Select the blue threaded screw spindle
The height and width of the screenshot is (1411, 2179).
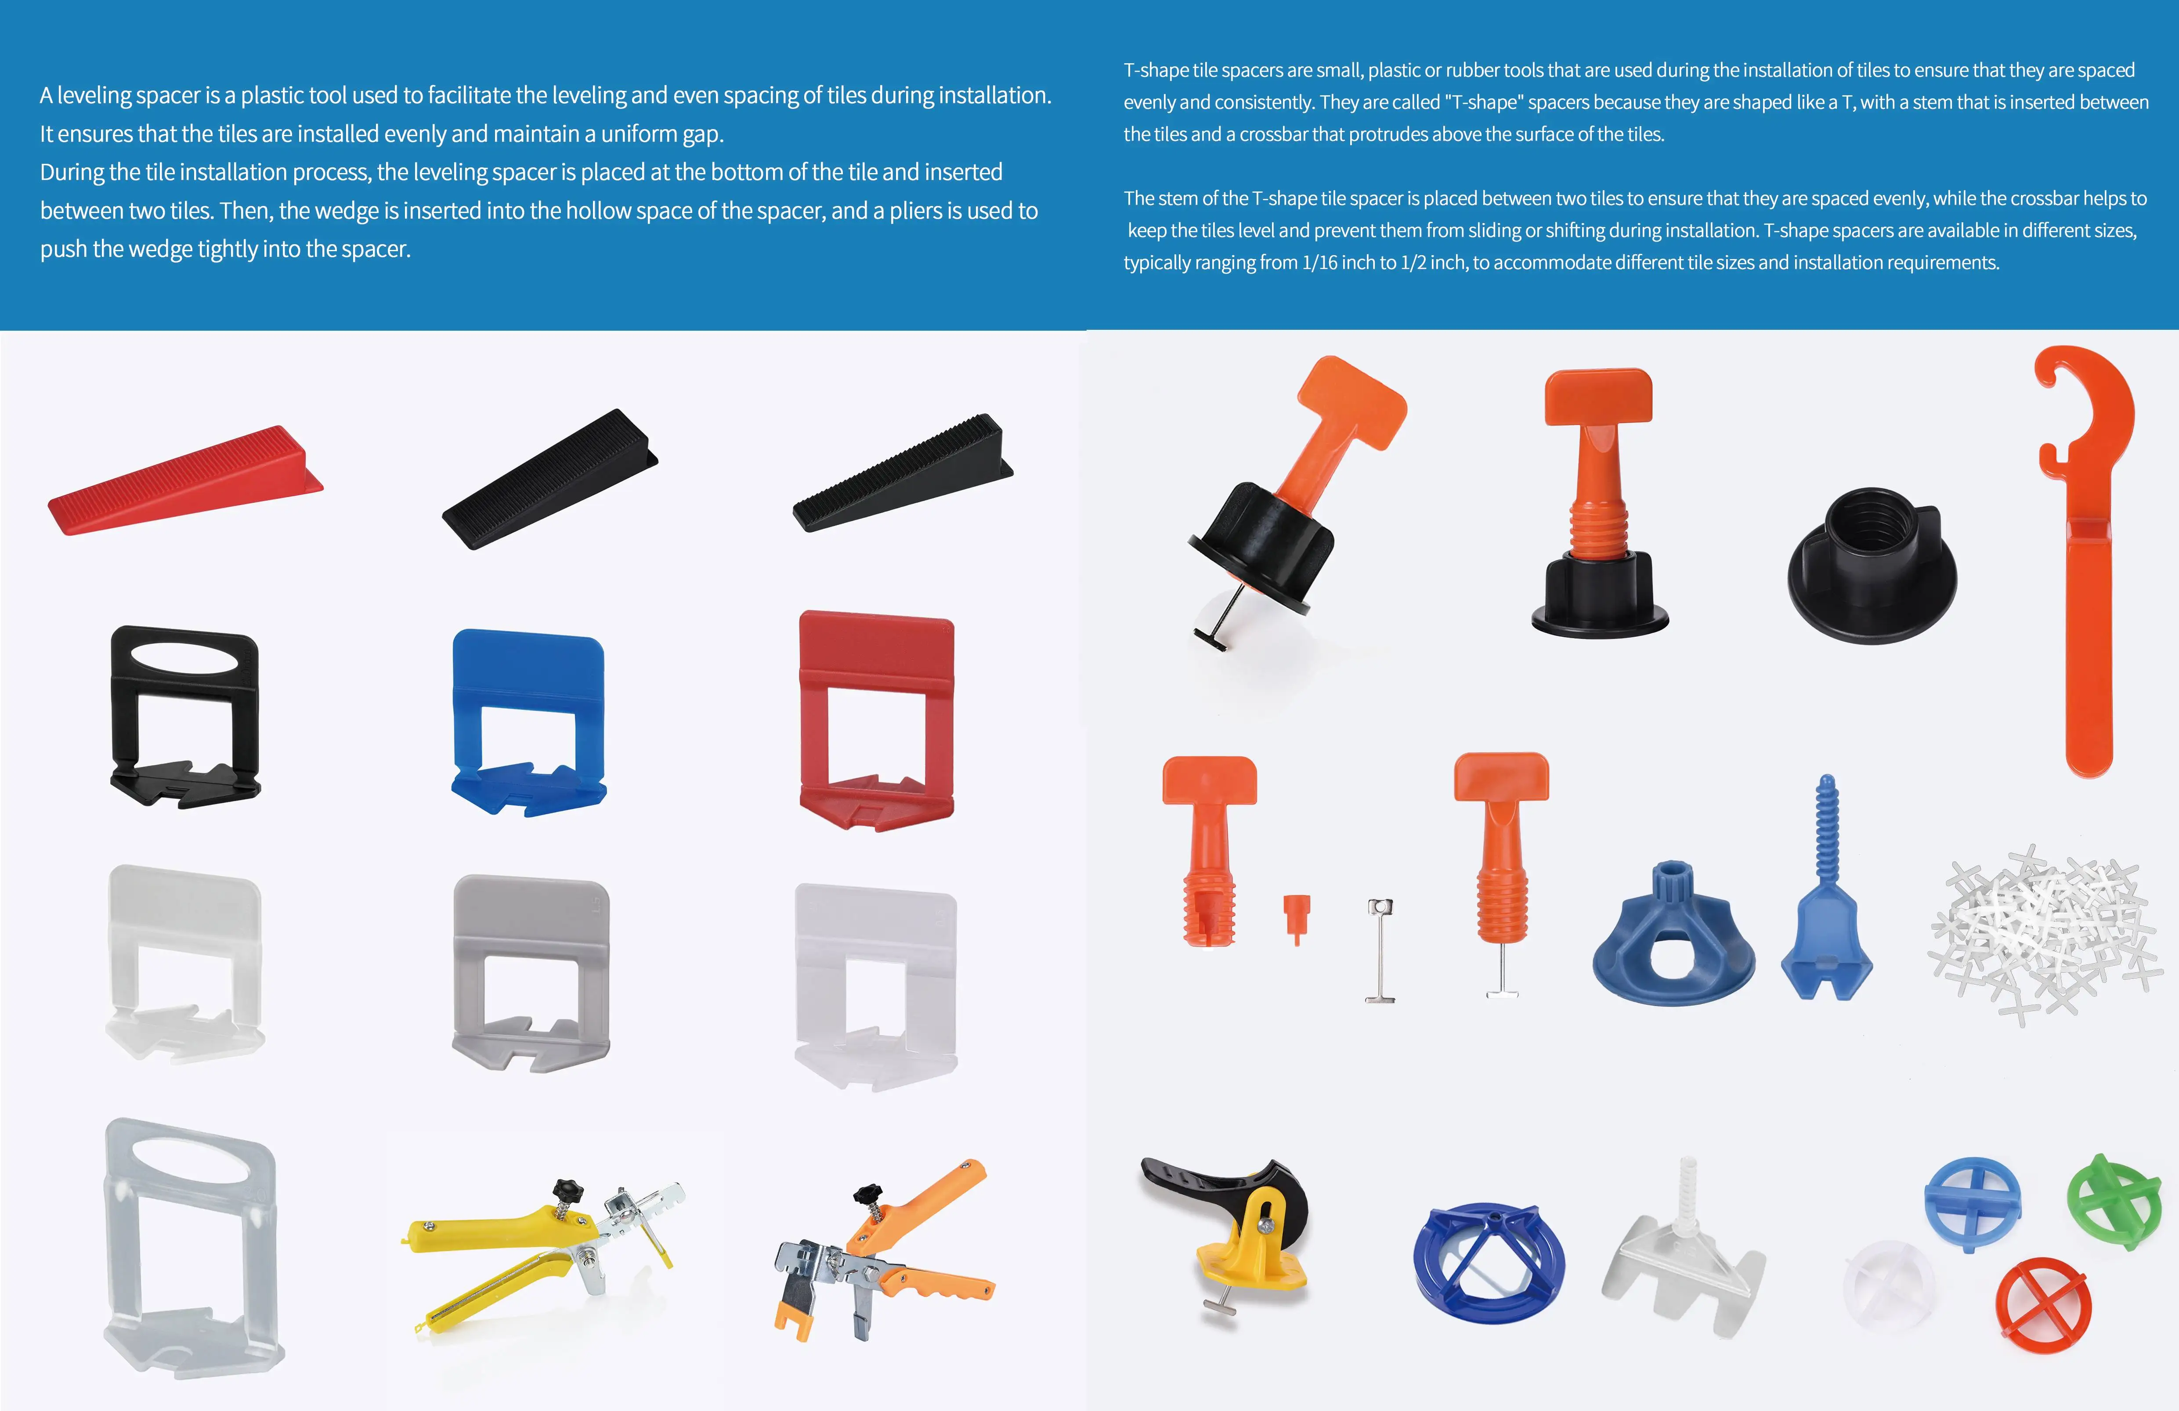[1826, 897]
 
